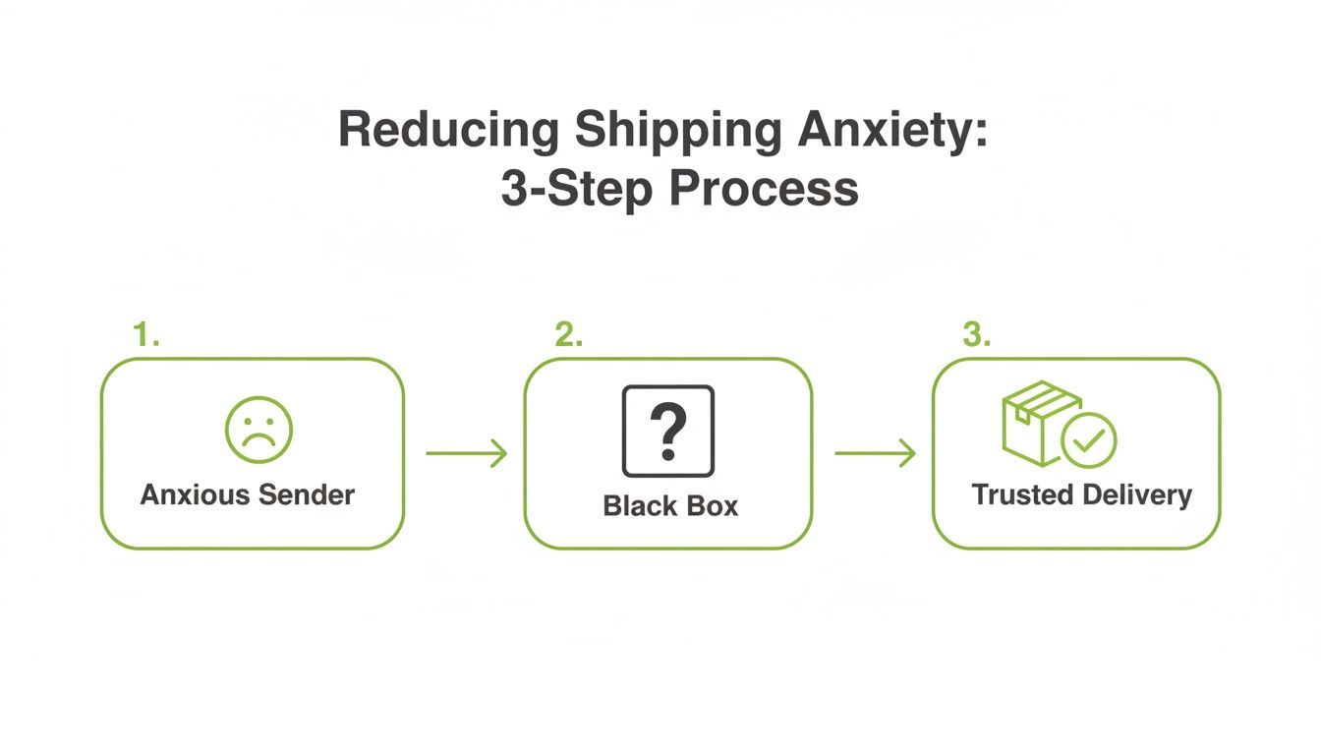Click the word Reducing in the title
tap(449, 131)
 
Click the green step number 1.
tap(145, 335)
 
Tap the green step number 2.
tap(568, 335)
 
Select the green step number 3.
tap(976, 335)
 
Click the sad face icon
tap(258, 430)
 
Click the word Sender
tap(307, 494)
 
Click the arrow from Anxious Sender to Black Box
tap(466, 453)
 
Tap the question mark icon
tap(668, 431)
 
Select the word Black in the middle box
tap(640, 506)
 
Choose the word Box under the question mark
tap(712, 506)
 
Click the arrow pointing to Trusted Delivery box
tap(875, 453)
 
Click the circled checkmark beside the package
tap(1089, 440)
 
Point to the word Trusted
tap(1021, 494)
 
